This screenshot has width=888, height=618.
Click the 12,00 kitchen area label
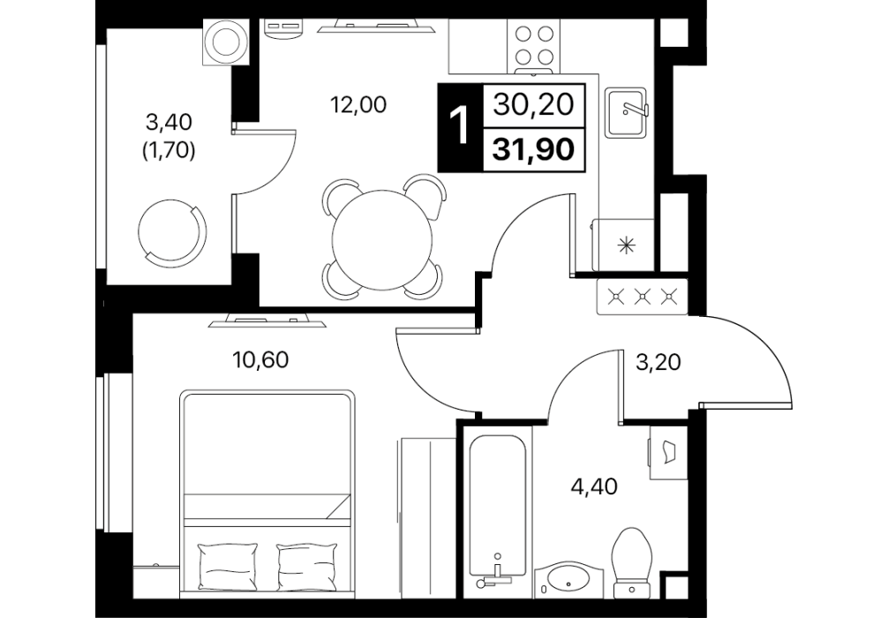click(x=358, y=105)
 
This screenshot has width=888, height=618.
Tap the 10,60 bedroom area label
click(x=260, y=359)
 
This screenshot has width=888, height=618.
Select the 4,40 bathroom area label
click(x=594, y=486)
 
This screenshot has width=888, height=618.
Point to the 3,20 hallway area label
click(x=658, y=361)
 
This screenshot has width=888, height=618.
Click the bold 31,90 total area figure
click(x=533, y=150)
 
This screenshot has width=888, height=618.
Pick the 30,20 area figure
click(x=533, y=105)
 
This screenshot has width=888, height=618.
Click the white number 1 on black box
click(x=460, y=127)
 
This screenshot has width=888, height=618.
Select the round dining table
click(x=383, y=239)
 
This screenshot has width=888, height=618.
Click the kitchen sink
click(x=627, y=113)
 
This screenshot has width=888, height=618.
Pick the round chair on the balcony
click(x=172, y=230)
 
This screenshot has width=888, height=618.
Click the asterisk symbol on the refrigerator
click(x=625, y=245)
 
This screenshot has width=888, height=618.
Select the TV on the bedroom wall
click(x=267, y=321)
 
